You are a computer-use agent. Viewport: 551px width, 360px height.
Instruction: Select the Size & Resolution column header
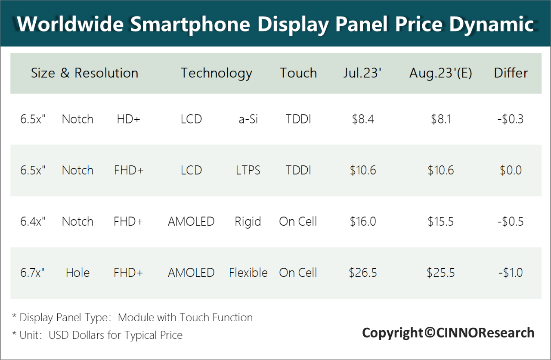(x=84, y=73)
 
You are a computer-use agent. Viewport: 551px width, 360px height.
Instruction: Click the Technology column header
(x=216, y=73)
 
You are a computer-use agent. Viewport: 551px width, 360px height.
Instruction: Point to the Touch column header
(x=298, y=73)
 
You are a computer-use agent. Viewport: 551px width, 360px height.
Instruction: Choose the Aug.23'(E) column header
(x=440, y=73)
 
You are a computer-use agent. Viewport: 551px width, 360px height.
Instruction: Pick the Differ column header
(x=511, y=73)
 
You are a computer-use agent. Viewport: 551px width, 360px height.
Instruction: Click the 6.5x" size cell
(x=33, y=171)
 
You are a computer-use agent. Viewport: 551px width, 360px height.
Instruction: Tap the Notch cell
(x=77, y=171)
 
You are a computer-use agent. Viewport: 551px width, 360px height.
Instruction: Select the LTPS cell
(x=248, y=171)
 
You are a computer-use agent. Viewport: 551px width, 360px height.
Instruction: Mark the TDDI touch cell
(x=298, y=171)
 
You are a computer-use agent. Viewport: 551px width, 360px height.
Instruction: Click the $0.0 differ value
(x=511, y=171)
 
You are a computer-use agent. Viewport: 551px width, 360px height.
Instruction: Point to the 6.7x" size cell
(x=33, y=273)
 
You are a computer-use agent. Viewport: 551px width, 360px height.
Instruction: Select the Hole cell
(x=77, y=273)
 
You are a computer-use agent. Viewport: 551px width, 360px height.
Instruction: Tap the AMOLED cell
(x=191, y=273)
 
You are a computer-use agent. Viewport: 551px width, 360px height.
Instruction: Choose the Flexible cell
(x=248, y=273)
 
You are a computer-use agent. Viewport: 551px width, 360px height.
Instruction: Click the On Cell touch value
(x=298, y=273)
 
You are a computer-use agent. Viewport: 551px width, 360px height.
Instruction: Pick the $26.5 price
(x=363, y=273)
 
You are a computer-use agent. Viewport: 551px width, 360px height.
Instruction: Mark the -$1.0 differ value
(x=511, y=273)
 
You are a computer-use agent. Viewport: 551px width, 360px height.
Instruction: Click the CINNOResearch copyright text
(x=448, y=333)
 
